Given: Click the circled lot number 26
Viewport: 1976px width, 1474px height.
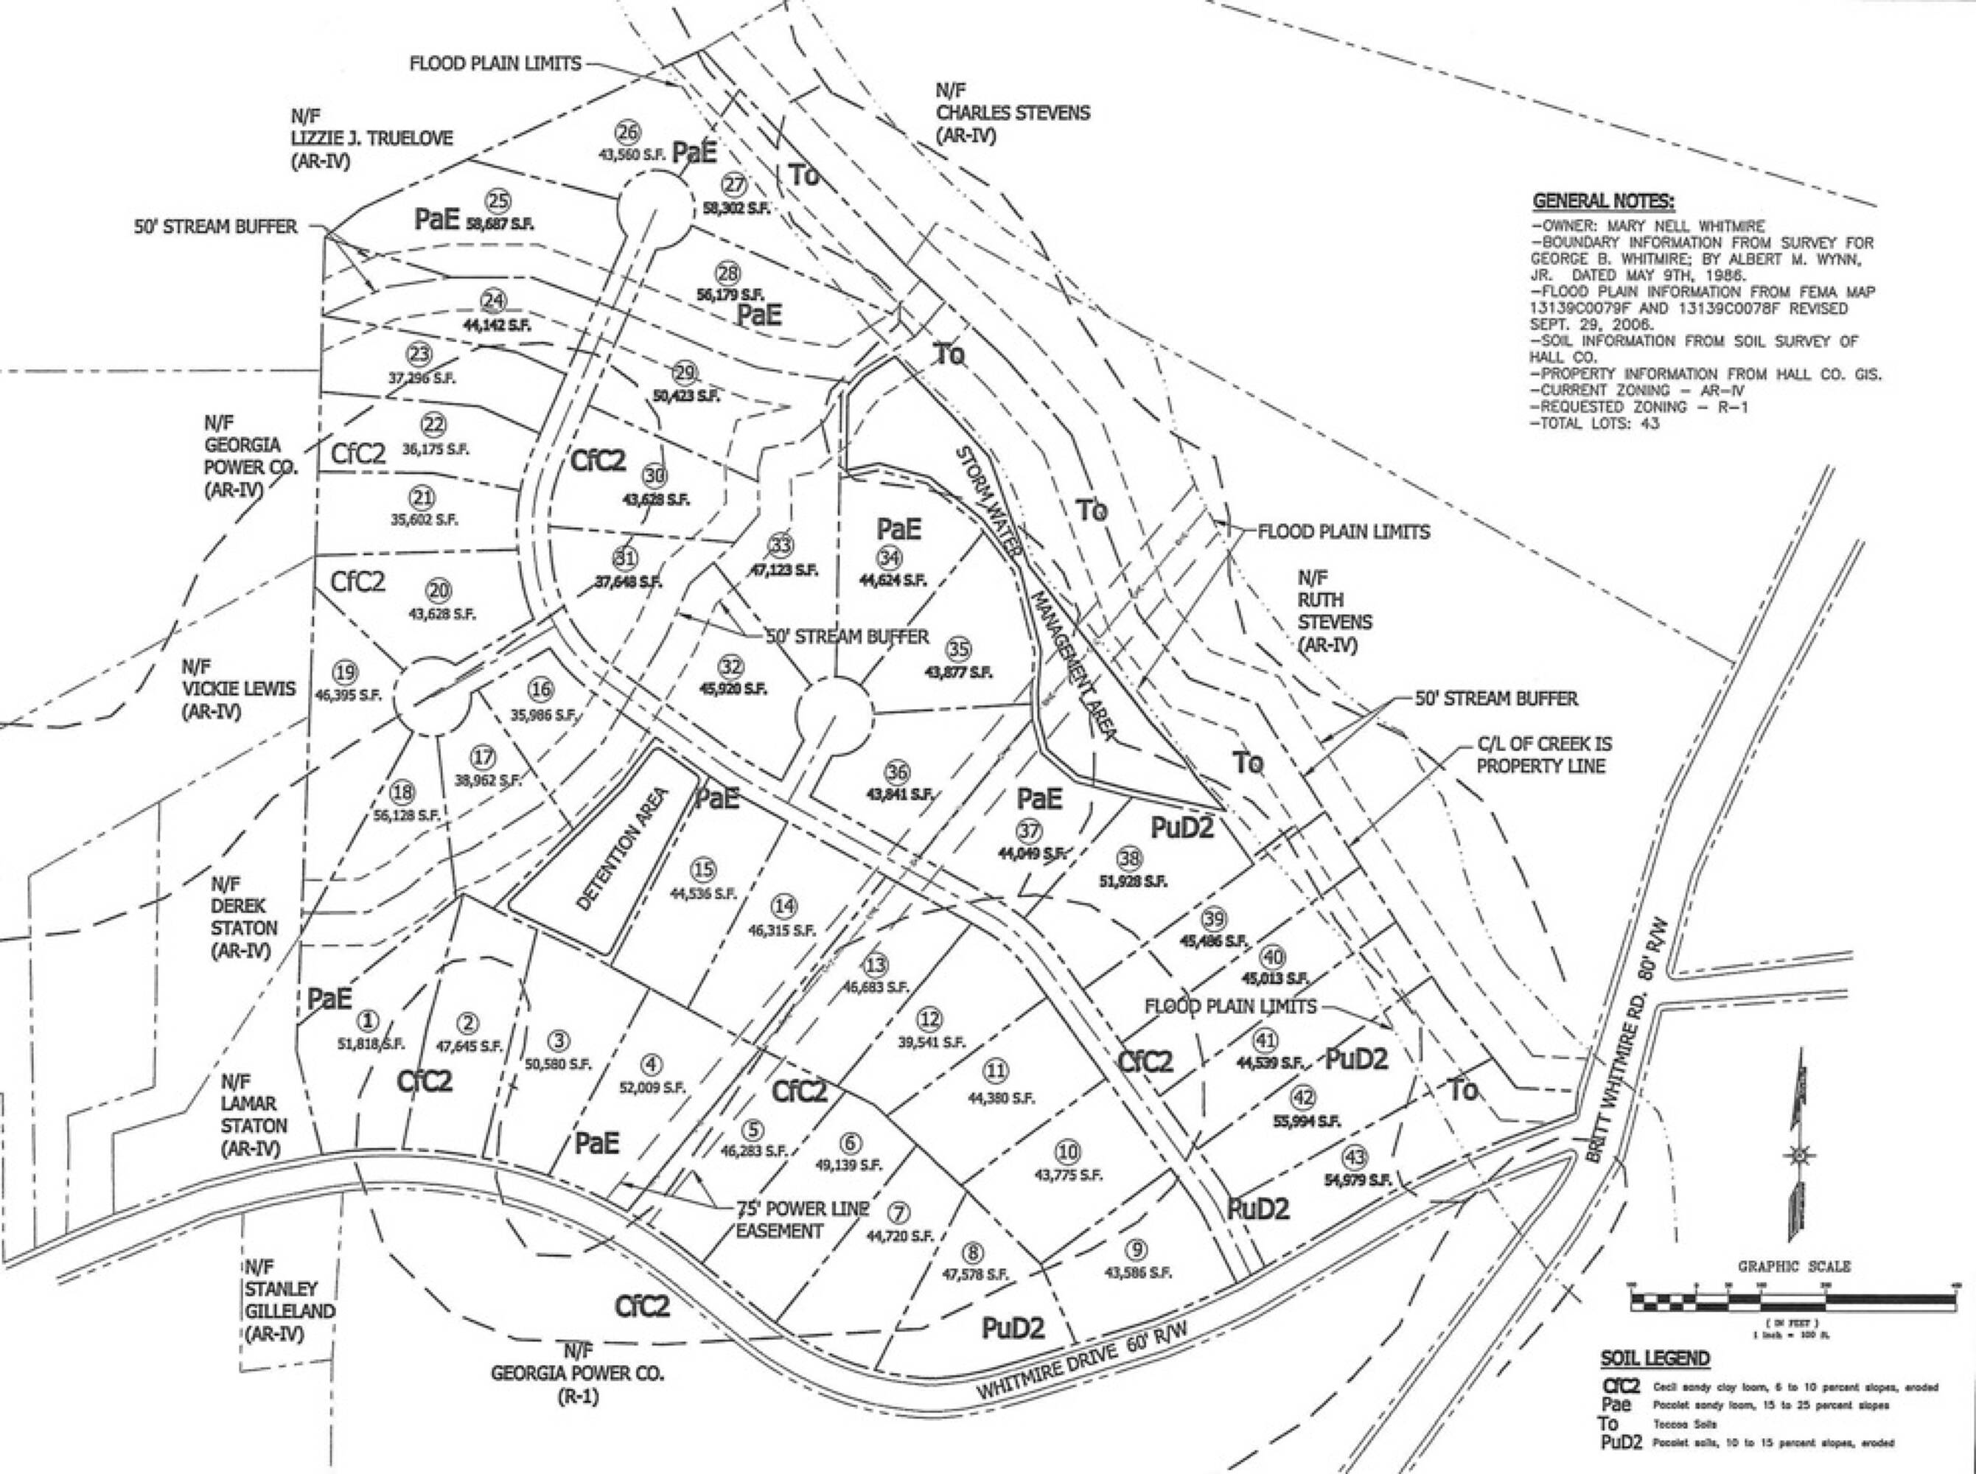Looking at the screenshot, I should pos(628,133).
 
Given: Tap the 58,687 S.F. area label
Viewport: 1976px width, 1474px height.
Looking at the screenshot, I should pos(500,223).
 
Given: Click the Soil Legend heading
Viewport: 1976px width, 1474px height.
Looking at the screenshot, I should pos(1655,1358).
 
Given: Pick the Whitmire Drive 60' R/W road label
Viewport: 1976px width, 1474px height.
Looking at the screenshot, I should pos(1085,1356).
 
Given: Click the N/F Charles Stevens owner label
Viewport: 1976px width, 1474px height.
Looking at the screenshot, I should pos(1013,113).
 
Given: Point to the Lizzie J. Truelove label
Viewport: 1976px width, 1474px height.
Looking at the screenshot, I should pos(371,139).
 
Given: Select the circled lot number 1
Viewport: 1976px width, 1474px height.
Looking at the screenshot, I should pos(368,1021).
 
